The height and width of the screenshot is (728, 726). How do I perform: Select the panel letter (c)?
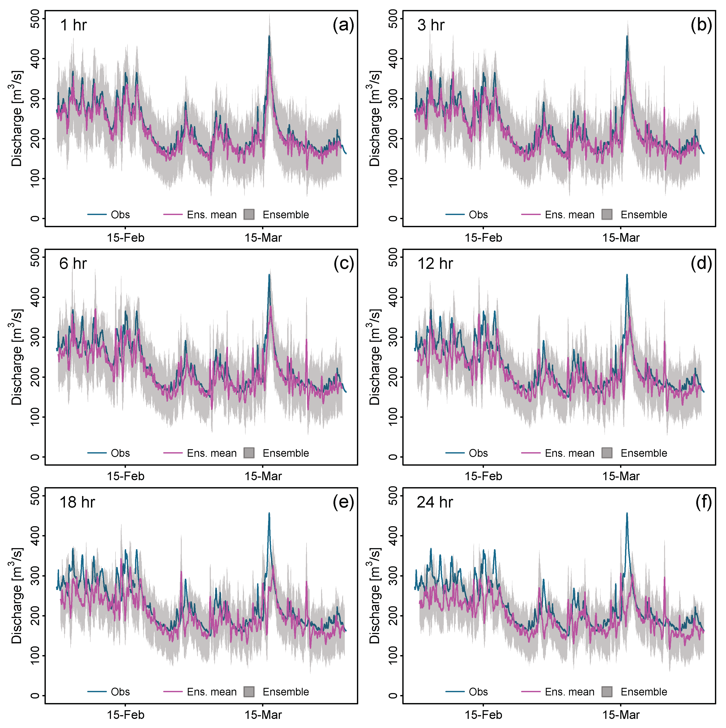point(343,264)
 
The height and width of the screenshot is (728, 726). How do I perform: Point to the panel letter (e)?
point(343,503)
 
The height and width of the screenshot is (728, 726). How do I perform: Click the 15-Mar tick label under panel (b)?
point(621,238)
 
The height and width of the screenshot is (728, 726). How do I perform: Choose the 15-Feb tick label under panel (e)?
point(125,715)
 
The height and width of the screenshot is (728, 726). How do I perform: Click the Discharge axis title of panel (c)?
point(16,357)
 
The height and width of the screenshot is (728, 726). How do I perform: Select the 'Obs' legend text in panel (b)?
point(478,215)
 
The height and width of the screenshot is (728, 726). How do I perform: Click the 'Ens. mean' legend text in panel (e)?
point(211,692)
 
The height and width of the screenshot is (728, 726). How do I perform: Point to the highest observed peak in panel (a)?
point(269,36)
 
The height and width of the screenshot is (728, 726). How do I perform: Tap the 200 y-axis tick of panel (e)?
point(35,616)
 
